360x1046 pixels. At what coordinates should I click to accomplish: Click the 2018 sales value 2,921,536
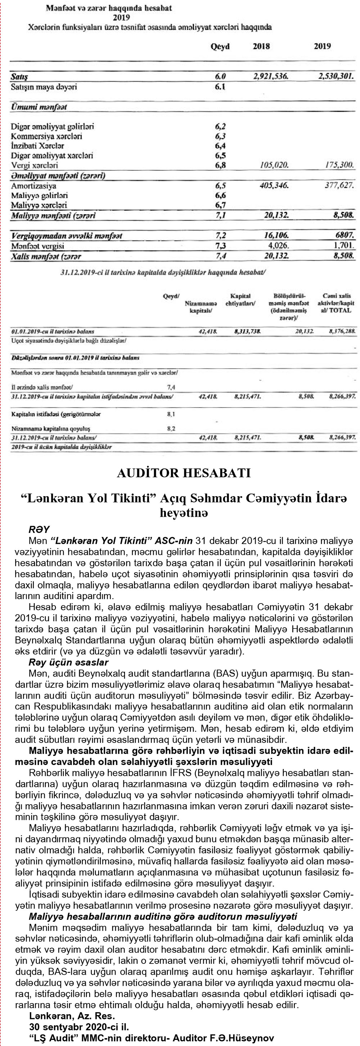point(271,76)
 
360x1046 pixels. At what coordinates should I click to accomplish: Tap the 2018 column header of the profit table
point(261,46)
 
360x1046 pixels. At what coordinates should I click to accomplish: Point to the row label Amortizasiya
point(34,186)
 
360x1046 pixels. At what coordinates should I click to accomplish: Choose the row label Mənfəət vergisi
point(37,246)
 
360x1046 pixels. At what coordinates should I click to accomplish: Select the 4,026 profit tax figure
point(278,246)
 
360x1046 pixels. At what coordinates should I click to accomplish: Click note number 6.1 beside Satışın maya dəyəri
point(220,87)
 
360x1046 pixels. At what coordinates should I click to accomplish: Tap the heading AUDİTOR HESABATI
point(184,473)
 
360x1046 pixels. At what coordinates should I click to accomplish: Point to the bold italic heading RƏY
point(39,530)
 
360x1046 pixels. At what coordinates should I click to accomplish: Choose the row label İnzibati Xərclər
point(37,146)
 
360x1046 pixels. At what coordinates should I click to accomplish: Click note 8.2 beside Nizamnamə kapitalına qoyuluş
point(171,428)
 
